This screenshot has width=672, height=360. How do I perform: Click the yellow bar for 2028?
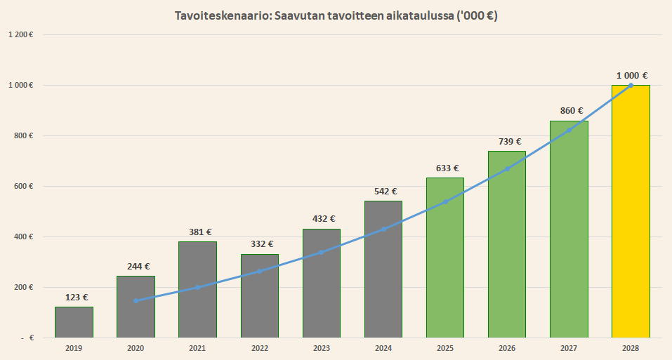[631, 211]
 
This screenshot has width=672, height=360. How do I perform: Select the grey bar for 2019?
[74, 322]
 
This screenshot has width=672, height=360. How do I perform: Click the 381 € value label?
[197, 232]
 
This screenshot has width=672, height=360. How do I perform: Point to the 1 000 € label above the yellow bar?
[631, 76]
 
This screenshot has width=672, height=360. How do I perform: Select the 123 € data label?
[74, 298]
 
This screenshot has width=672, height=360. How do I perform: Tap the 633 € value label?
[445, 168]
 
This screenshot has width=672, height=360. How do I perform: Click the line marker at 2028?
[631, 85]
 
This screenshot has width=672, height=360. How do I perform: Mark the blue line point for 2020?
[136, 300]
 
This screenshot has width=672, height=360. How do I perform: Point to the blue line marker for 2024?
[383, 229]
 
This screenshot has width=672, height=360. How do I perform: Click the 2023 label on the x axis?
[322, 347]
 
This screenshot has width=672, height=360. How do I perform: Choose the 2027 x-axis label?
[569, 347]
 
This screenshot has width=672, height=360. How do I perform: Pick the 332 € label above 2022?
[260, 244]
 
